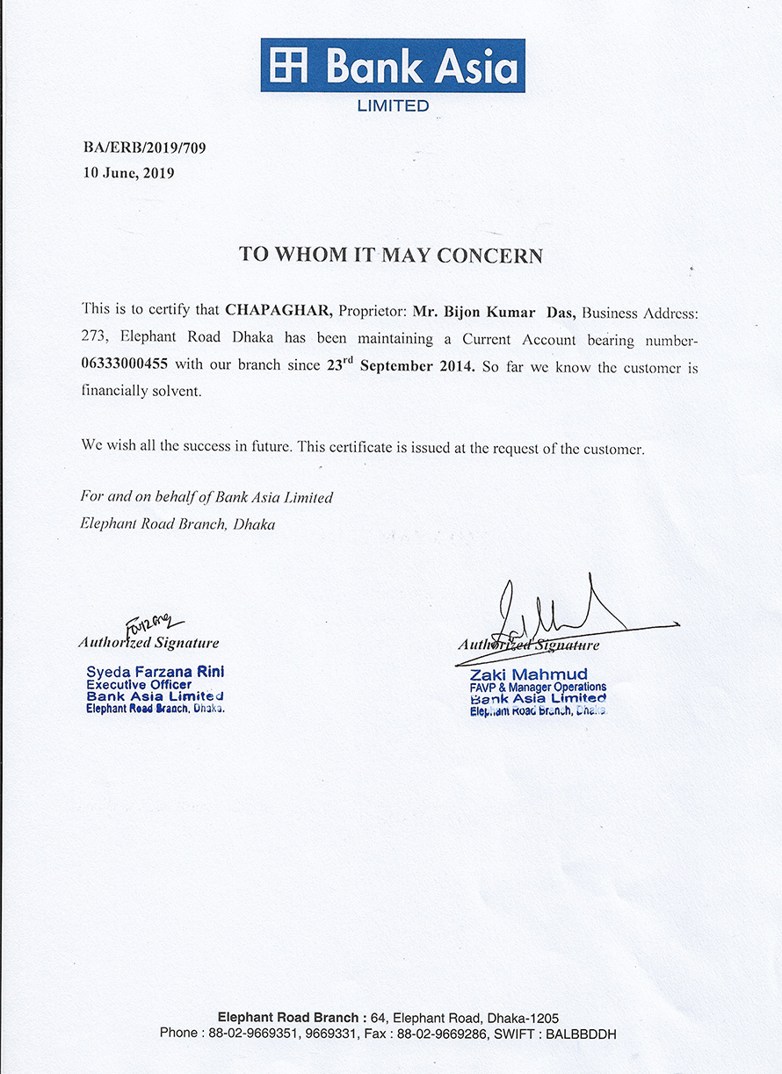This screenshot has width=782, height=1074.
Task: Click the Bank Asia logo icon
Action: coord(289,67)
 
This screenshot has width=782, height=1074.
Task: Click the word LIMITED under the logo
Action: coord(392,106)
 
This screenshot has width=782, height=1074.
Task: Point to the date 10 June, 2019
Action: coord(128,173)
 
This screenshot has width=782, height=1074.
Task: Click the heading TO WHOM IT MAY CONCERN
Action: coord(391,256)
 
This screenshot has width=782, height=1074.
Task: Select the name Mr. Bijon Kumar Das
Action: coord(494,311)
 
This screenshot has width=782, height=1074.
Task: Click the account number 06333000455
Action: coord(128,364)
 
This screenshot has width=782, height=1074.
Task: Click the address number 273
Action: coord(95,338)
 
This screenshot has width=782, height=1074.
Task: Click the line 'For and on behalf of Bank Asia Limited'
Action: coord(206,497)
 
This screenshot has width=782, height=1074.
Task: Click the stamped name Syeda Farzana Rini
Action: coord(155,671)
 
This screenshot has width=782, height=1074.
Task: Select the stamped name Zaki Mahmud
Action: coord(529,674)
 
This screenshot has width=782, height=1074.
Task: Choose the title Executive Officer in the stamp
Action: coord(139,684)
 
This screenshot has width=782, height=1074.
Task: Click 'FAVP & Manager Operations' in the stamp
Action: coord(538,687)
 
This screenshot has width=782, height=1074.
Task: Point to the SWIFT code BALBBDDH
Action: coord(581,1034)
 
